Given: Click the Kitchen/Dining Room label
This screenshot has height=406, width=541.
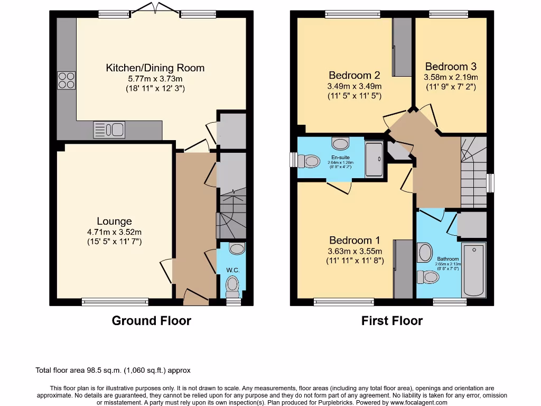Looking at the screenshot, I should pyautogui.click(x=155, y=68).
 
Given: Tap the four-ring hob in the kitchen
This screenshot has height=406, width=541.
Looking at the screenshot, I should pyautogui.click(x=66, y=80).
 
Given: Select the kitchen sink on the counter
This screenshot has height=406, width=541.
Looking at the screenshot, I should pyautogui.click(x=109, y=130).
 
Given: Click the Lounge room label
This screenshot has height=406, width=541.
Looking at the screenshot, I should pyautogui.click(x=114, y=221).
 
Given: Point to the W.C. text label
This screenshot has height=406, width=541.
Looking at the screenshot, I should pyautogui.click(x=233, y=270).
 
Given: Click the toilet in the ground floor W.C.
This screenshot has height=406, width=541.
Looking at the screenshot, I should pyautogui.click(x=232, y=287).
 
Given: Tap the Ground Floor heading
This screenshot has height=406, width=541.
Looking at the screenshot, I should pyautogui.click(x=151, y=320).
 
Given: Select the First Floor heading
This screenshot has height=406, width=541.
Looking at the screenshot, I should pyautogui.click(x=392, y=320).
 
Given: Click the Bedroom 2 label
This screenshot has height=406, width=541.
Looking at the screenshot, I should pyautogui.click(x=351, y=75).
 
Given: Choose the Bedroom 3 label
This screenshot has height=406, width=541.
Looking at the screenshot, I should pyautogui.click(x=451, y=67).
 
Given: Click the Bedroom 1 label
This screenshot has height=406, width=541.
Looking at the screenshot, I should pyautogui.click(x=355, y=241).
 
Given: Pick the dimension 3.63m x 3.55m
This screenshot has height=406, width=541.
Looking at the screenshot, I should pyautogui.click(x=355, y=251).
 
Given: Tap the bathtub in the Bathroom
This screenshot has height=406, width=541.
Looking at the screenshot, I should pyautogui.click(x=473, y=271).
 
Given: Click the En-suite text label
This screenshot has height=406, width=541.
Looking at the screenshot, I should pyautogui.click(x=341, y=158).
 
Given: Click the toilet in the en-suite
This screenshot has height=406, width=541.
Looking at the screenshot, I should pyautogui.click(x=311, y=160).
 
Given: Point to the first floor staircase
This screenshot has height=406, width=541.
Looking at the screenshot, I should pyautogui.click(x=473, y=172).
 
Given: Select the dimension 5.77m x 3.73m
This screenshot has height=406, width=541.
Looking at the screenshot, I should pyautogui.click(x=155, y=78).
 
